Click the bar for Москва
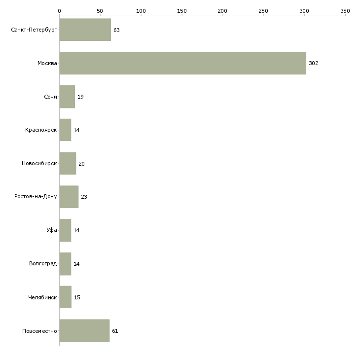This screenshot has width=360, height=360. (183, 63)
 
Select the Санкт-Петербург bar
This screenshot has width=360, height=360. (85, 30)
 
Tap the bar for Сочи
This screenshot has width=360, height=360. (67, 97)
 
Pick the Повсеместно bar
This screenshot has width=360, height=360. (84, 330)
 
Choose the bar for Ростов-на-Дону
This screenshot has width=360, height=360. (69, 197)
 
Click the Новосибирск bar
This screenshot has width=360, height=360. (68, 163)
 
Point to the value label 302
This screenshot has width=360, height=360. (314, 63)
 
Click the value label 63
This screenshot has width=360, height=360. (117, 30)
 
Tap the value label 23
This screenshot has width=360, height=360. (84, 197)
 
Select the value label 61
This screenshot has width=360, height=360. (115, 331)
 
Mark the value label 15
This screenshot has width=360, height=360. (77, 297)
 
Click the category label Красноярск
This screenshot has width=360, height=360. (41, 130)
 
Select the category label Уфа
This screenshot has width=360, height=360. (52, 230)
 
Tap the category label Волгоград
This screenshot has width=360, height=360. (43, 263)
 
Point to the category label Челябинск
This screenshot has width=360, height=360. (42, 297)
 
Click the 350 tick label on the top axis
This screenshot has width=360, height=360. (345, 11)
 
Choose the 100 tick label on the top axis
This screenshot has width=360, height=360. (141, 11)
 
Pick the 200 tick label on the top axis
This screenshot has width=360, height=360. (222, 11)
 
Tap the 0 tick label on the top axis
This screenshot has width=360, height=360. (60, 11)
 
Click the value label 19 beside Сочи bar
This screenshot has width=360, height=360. (80, 97)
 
